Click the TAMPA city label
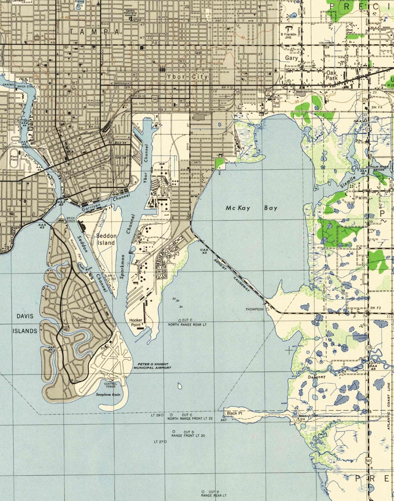click(x=94, y=31)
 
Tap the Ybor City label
click(x=187, y=77)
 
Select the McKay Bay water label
click(x=252, y=208)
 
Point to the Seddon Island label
click(x=106, y=240)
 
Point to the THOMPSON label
click(x=255, y=309)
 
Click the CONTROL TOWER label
click(x=110, y=385)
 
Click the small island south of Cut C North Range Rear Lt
click(x=180, y=386)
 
